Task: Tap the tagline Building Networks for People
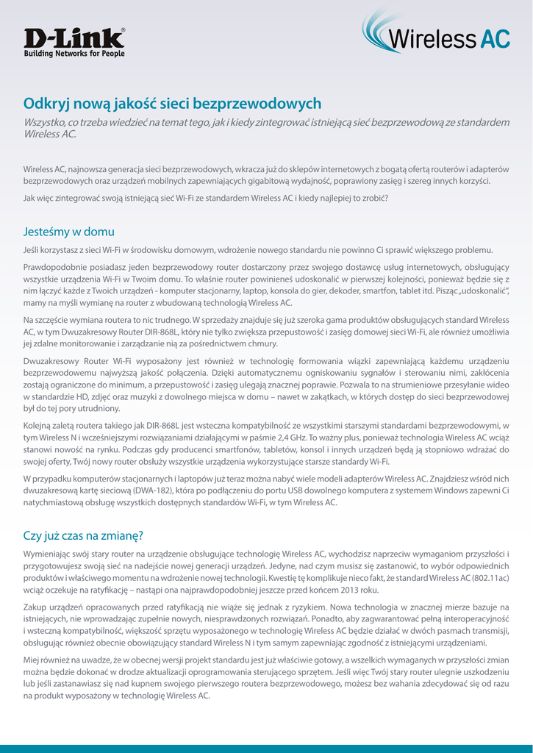(74, 54)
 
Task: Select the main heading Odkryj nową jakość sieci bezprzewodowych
(172, 104)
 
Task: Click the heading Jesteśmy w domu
(69, 232)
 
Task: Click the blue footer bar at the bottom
(266, 749)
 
